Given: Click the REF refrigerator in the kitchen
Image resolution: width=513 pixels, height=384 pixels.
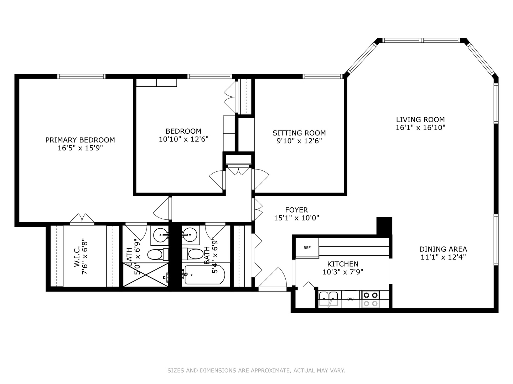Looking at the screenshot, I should pyautogui.click(x=307, y=248).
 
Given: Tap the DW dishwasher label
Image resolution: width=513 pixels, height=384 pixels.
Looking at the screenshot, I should pyautogui.click(x=351, y=299).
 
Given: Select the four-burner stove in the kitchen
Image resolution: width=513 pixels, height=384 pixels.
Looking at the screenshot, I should pyautogui.click(x=370, y=299).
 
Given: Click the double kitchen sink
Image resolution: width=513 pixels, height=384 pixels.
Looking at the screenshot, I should pyautogui.click(x=328, y=299).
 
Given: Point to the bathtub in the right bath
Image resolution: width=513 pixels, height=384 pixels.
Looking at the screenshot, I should pyautogui.click(x=204, y=275).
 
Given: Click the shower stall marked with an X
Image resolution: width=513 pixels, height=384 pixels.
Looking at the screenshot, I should pyautogui.click(x=146, y=274).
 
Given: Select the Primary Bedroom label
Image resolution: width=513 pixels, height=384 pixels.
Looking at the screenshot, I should pyautogui.click(x=80, y=140).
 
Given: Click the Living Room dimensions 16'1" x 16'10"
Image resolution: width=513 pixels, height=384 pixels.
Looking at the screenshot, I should pyautogui.click(x=420, y=128).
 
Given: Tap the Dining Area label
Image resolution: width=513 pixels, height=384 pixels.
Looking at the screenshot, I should pyautogui.click(x=443, y=249).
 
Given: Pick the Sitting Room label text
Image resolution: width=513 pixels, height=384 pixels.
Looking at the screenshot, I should pyautogui.click(x=299, y=133).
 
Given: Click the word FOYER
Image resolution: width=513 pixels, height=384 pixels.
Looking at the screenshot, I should pyautogui.click(x=296, y=210).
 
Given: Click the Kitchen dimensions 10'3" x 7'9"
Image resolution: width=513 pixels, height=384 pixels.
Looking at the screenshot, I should pyautogui.click(x=343, y=272).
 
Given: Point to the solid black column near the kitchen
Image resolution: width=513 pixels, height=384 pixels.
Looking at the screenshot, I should pyautogui.click(x=384, y=225).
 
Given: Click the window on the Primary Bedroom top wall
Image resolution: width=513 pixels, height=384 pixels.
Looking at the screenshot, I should pyautogui.click(x=82, y=76).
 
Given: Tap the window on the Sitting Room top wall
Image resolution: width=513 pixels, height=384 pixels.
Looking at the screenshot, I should pyautogui.click(x=322, y=76).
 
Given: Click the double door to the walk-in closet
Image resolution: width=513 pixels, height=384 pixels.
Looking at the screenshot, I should pyautogui.click(x=82, y=219).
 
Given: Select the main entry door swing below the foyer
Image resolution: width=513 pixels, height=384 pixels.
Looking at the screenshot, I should pyautogui.click(x=273, y=279).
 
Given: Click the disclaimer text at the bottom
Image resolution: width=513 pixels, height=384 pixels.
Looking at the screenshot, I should pyautogui.click(x=256, y=370).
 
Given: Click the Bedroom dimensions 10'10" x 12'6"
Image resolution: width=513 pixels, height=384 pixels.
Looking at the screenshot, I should pyautogui.click(x=183, y=139).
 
